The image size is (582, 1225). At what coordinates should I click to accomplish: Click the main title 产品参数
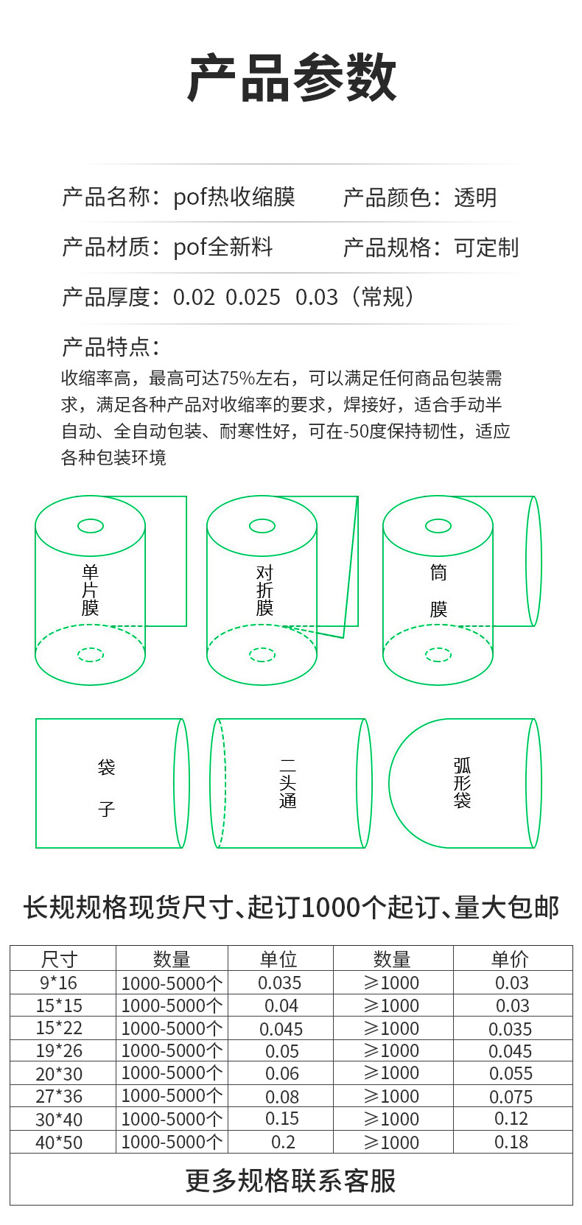point(292,78)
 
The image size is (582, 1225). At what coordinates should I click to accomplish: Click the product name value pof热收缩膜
point(234,197)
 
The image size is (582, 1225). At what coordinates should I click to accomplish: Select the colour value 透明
point(475,197)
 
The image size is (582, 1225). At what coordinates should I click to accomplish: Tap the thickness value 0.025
point(253,298)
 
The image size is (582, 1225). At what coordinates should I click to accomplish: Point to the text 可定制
point(486,248)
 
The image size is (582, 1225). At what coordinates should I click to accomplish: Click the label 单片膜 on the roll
point(90,590)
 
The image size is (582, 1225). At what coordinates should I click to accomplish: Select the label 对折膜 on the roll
point(264,590)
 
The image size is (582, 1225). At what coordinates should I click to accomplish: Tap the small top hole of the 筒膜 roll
point(438,526)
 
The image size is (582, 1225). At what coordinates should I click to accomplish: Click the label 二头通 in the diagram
point(288,784)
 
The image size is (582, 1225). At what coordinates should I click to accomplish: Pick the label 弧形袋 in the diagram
point(462,783)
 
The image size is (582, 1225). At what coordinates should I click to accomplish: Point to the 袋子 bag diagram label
point(107,788)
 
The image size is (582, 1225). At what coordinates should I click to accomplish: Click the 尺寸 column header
point(60,959)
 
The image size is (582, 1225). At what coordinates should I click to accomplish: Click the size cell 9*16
point(58,983)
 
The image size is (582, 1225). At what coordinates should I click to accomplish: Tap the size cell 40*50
point(59,1142)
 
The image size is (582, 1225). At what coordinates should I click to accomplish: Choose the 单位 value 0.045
point(281,1029)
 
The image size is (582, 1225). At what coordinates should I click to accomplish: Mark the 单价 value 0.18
point(511,1142)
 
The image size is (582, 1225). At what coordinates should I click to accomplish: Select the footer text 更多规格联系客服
point(291,1180)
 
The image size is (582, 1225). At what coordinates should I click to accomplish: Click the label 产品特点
point(111,347)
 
